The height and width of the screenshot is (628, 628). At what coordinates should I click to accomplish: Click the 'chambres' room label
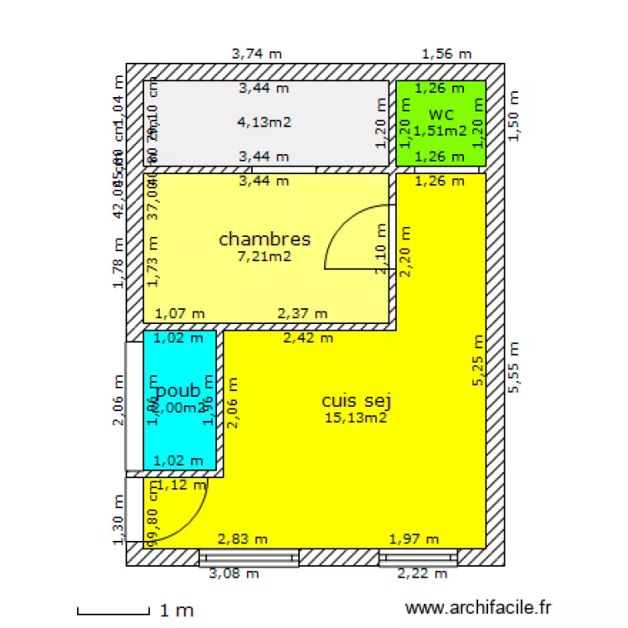pos(265,239)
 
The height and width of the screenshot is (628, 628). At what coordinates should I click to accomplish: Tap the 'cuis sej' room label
pos(357,401)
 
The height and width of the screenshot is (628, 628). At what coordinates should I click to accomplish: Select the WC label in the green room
pos(441,115)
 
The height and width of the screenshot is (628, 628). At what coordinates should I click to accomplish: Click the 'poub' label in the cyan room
pos(178,390)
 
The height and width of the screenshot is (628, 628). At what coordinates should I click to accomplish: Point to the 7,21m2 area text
pos(265,256)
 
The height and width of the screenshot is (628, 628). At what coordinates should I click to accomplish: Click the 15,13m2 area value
pos(357,418)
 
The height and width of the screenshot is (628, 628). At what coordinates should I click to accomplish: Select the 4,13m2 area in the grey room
pos(265,122)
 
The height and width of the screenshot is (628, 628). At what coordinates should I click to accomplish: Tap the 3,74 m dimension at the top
pos(256,54)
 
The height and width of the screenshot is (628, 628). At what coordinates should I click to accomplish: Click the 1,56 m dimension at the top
pos(446,54)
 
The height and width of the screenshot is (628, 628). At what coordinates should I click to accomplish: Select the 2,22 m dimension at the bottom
pos(422,574)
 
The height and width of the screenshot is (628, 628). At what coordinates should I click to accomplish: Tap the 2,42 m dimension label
pos(308,338)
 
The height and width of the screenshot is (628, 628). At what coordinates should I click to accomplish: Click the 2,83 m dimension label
pos(243,539)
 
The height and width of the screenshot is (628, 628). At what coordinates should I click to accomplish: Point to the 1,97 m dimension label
pos(414,539)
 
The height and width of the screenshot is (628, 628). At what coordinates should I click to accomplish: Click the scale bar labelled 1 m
pos(114,610)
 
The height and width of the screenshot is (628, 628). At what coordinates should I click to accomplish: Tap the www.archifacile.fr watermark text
pos(478,609)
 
